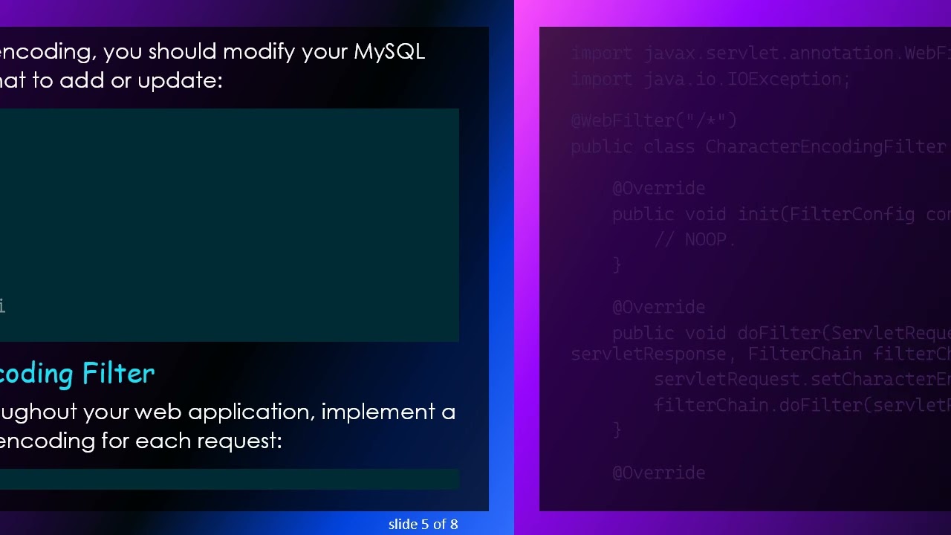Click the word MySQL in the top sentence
(x=389, y=52)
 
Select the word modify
(x=259, y=52)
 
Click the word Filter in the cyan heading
(x=118, y=373)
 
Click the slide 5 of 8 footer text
(x=423, y=525)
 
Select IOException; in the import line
(x=788, y=79)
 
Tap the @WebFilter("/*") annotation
(x=654, y=120)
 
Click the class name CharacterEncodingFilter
(x=825, y=146)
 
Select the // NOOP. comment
(x=695, y=240)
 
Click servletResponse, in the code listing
(x=653, y=354)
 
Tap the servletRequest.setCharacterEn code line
(x=802, y=380)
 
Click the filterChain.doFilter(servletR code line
(x=802, y=405)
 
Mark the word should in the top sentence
(x=182, y=52)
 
